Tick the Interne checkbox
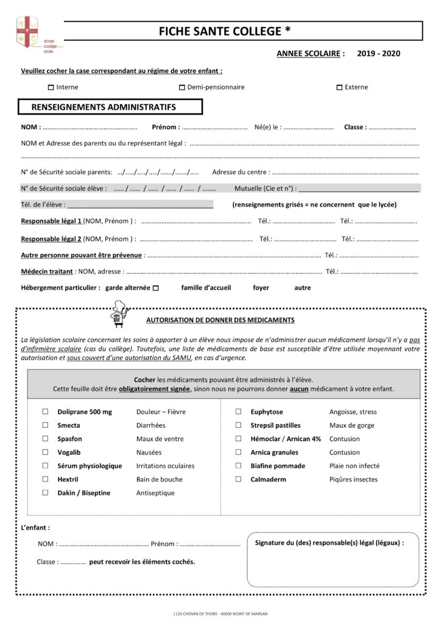51,87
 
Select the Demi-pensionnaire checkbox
182,87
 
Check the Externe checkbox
339,87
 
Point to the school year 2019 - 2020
379,54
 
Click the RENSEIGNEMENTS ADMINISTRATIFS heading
104,107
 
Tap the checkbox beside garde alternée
155,288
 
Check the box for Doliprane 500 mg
45,411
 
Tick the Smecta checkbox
45,425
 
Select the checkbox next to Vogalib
45,452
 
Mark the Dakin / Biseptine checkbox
45,492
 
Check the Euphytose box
238,411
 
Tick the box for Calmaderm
238,479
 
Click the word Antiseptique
155,493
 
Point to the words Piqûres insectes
353,480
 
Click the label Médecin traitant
47,271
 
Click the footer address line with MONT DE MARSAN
220,614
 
